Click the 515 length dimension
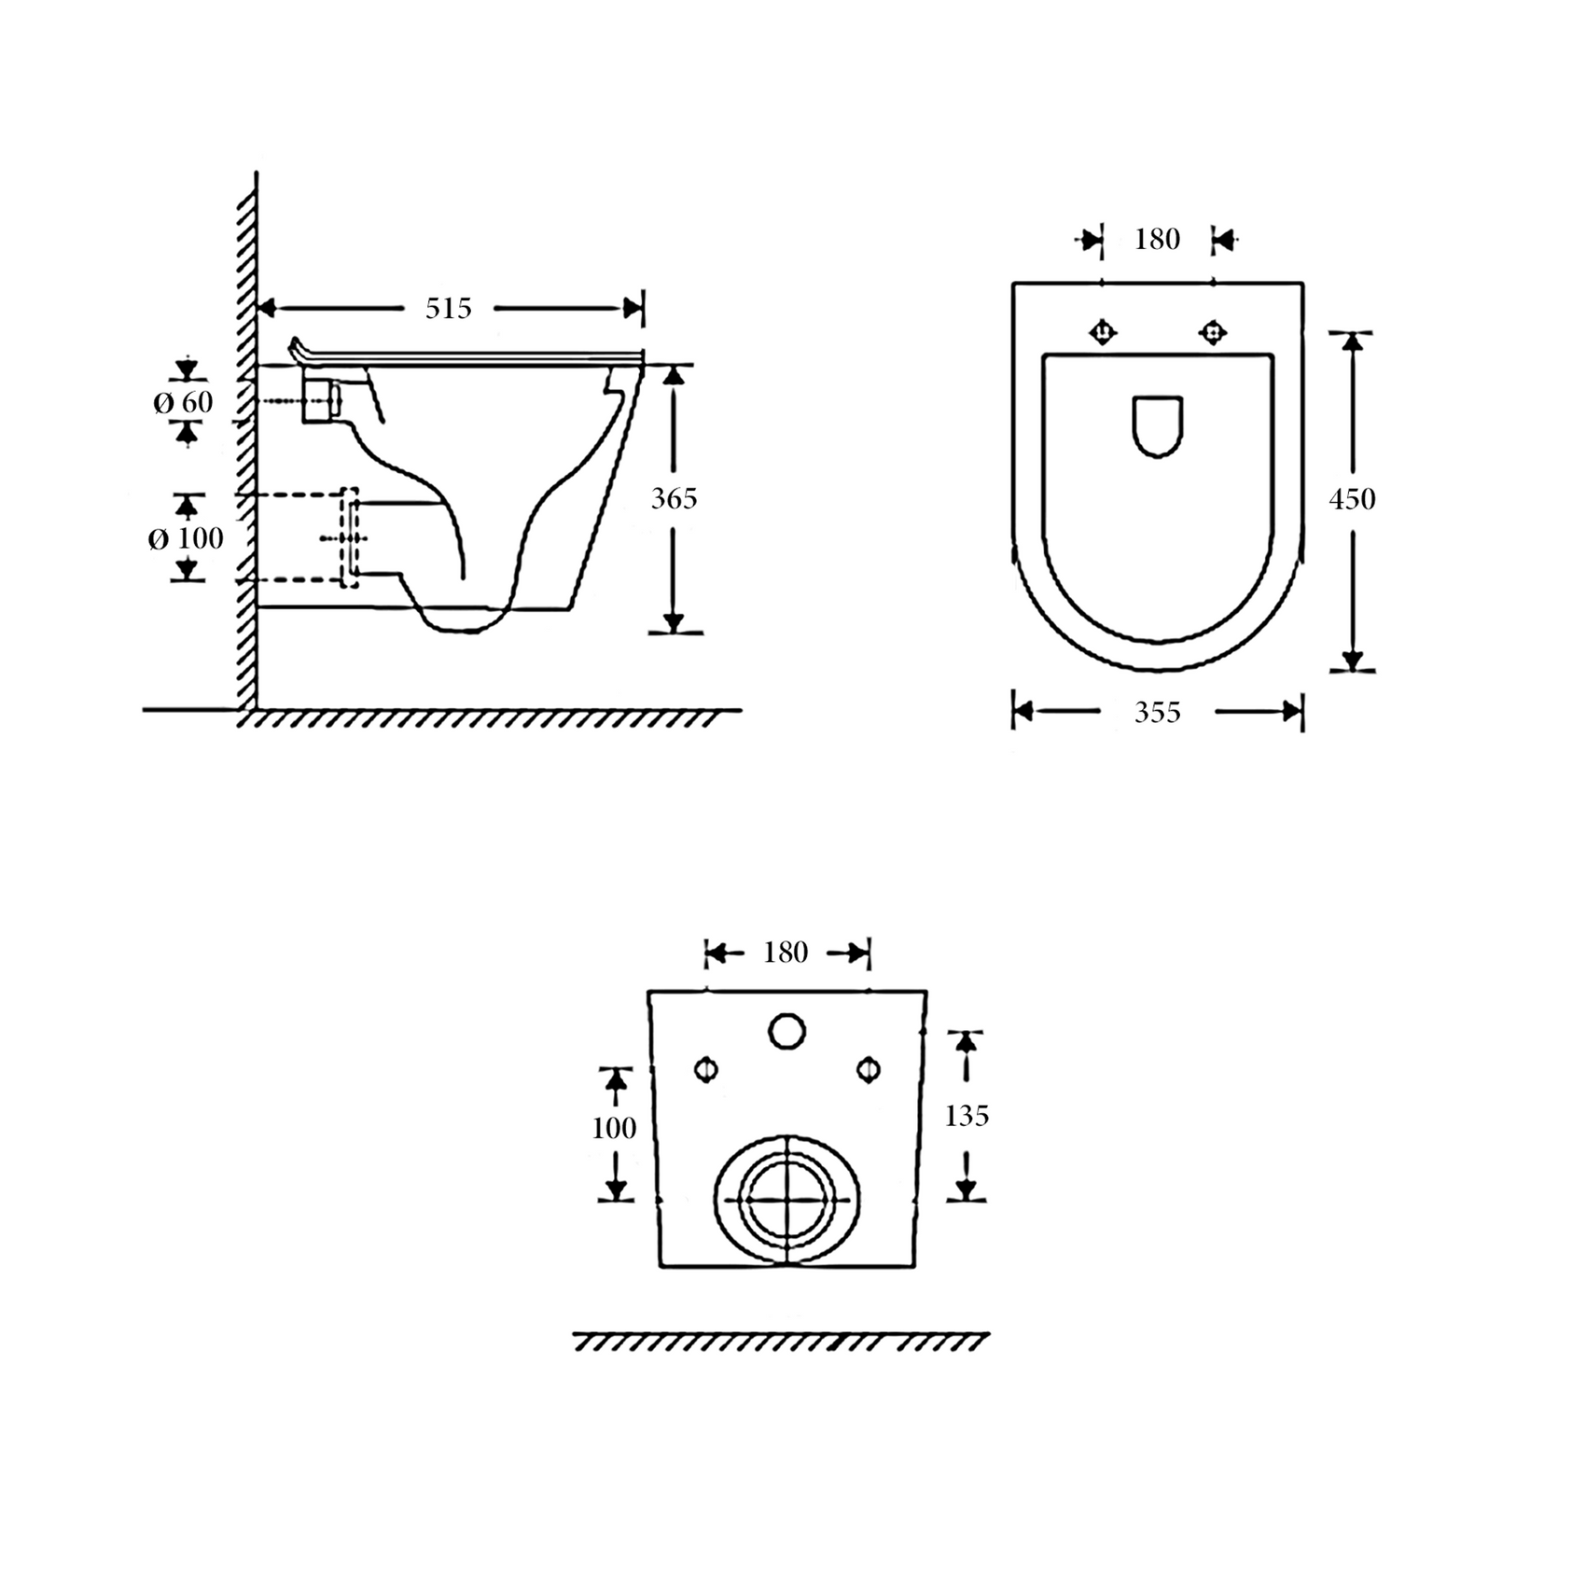(449, 309)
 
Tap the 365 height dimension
(674, 499)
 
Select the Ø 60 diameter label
(183, 403)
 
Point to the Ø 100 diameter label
(186, 538)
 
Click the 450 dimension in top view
(1352, 499)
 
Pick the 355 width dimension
(1157, 713)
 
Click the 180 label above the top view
(1157, 240)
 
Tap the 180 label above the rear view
(786, 953)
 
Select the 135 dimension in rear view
(967, 1116)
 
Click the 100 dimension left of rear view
(614, 1129)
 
